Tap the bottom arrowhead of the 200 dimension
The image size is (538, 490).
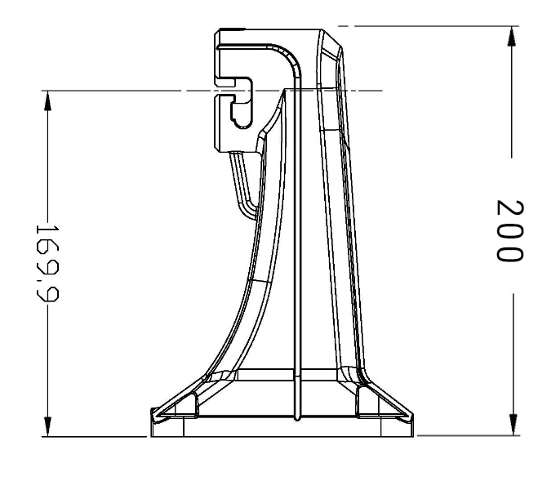tap(511, 424)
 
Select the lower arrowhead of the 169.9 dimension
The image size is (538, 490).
tap(47, 424)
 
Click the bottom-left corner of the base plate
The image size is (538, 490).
tap(149, 436)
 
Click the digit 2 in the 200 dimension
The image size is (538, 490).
tap(509, 205)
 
